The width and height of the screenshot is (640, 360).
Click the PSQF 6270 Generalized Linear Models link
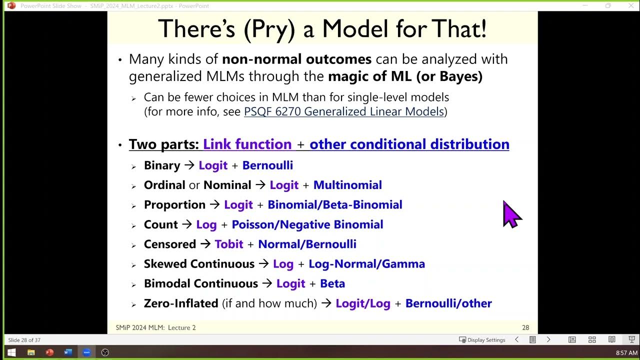click(343, 111)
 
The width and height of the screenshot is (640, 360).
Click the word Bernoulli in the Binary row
click(267, 165)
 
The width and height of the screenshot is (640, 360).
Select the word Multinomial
click(347, 185)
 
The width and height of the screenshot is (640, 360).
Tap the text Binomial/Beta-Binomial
click(334, 205)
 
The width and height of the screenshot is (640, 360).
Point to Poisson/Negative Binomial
click(307, 224)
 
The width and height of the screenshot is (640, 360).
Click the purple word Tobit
click(228, 244)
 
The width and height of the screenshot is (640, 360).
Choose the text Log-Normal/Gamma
click(366, 264)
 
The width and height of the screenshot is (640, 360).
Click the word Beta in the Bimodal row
click(332, 283)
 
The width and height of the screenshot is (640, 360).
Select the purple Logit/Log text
click(362, 303)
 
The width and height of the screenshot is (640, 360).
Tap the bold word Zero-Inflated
click(181, 303)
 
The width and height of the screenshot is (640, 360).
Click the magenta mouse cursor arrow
click(511, 214)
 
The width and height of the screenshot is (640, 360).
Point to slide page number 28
click(525, 328)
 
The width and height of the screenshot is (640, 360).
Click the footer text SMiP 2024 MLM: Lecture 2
click(155, 328)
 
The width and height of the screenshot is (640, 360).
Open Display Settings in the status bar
click(482, 340)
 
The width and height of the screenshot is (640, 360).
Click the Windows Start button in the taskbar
click(11, 352)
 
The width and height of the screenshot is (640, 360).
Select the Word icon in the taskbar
click(68, 352)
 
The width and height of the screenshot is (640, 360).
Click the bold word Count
click(160, 224)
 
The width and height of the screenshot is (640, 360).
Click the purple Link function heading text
click(247, 144)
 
